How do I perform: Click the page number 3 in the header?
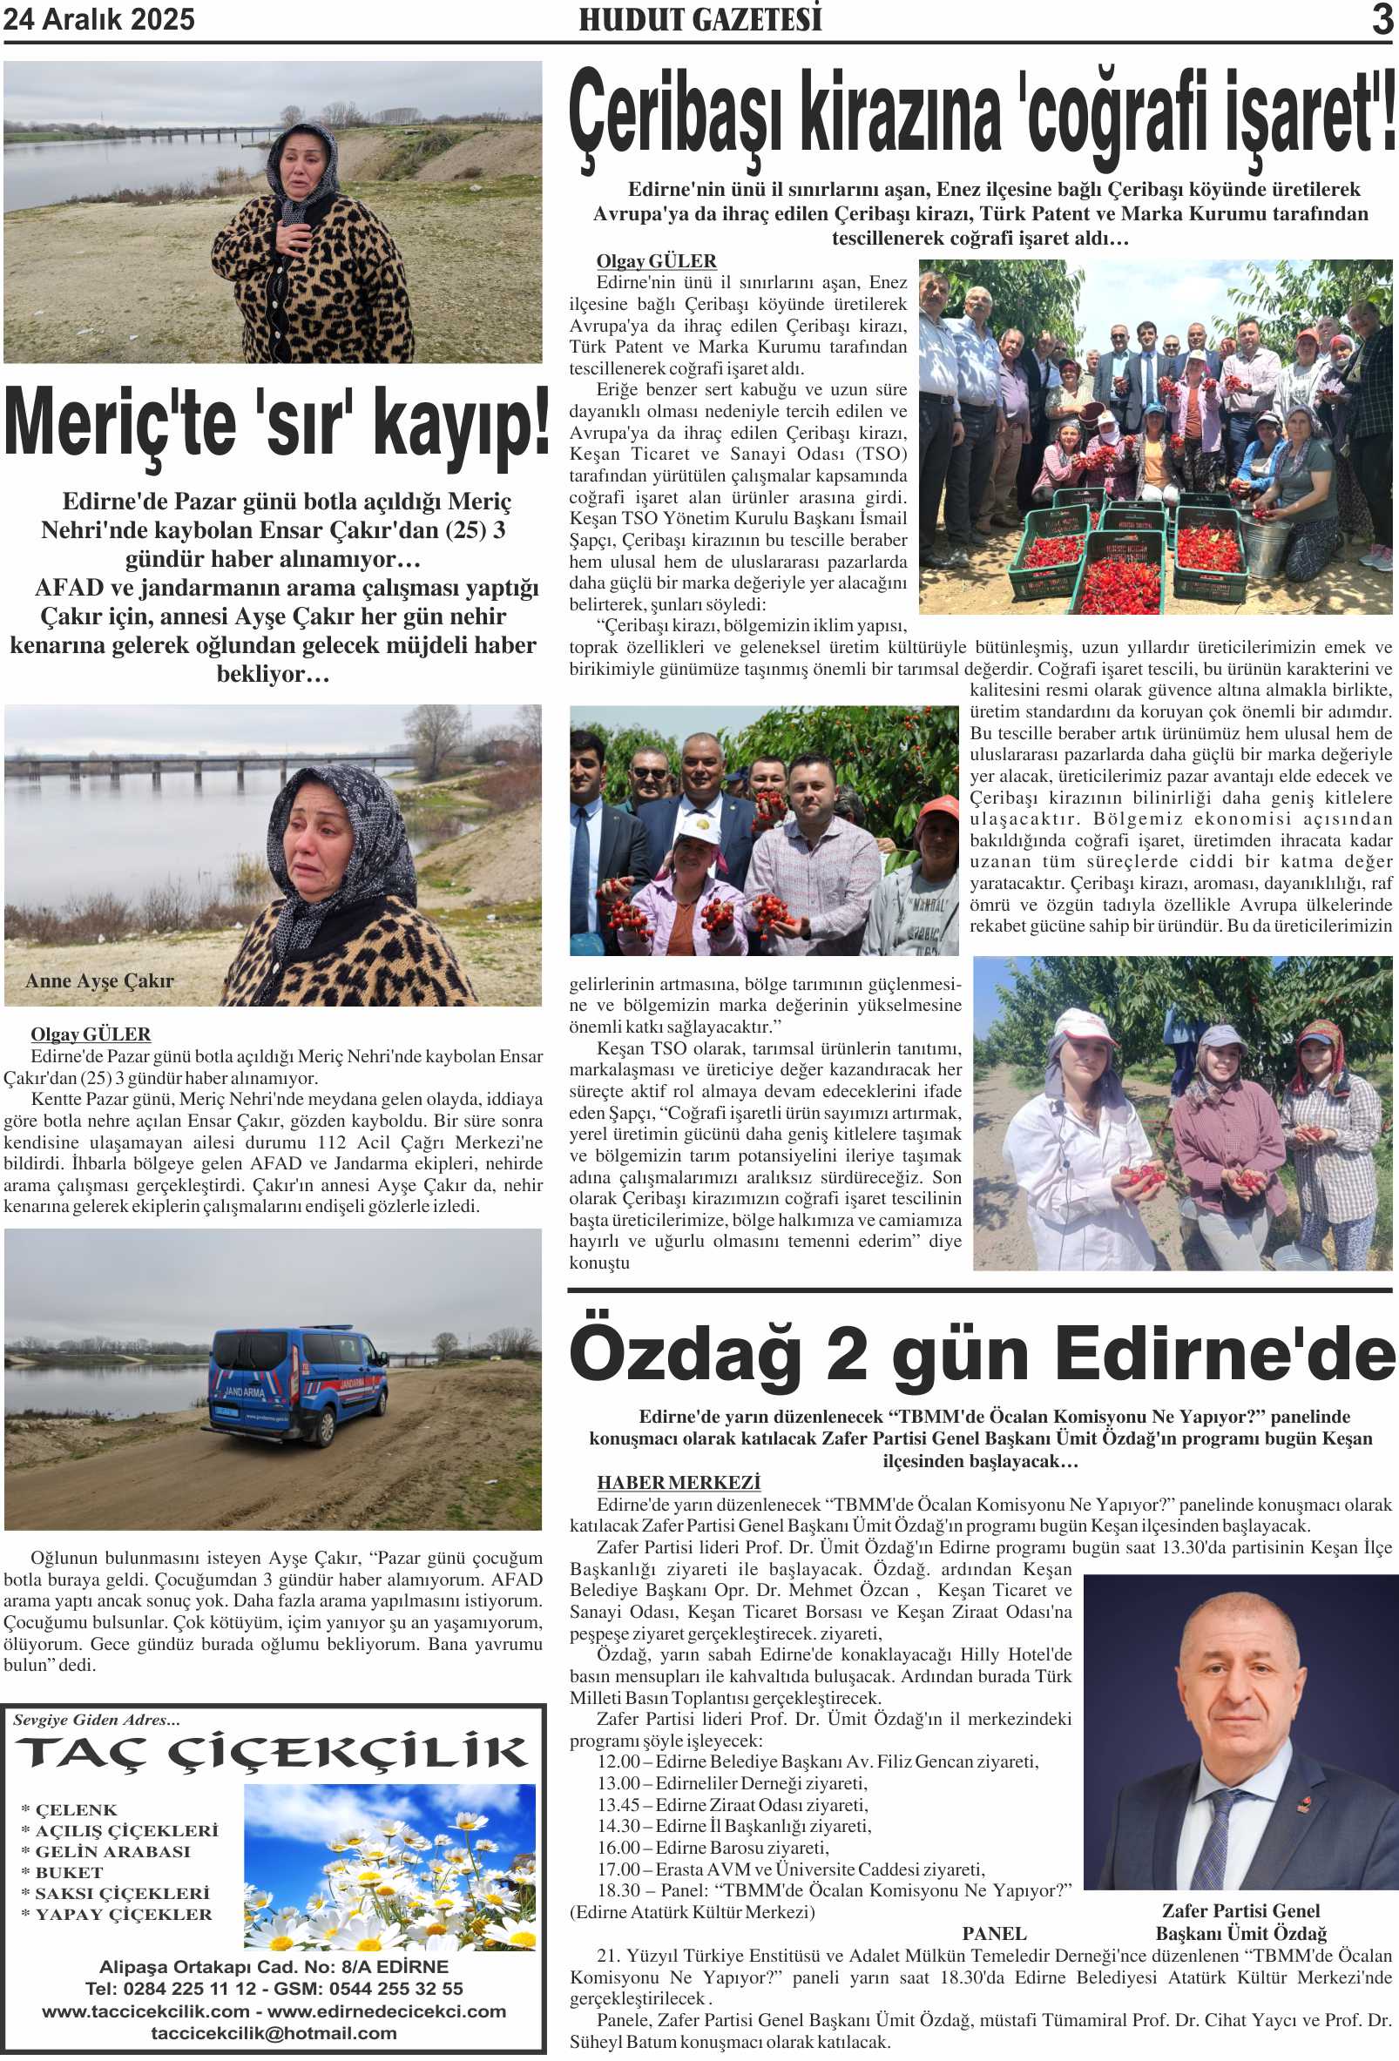1382,19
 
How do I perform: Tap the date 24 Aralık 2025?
99,19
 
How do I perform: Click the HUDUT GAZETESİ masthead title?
700,19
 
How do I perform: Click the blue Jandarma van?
296,1384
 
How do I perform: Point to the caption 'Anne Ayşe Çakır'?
99,980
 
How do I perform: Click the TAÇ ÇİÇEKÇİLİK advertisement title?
273,1754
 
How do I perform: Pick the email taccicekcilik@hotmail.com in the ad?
274,2032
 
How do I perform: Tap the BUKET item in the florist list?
69,1872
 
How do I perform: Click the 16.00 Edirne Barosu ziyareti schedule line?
713,1848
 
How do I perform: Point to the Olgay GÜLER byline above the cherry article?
656,260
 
